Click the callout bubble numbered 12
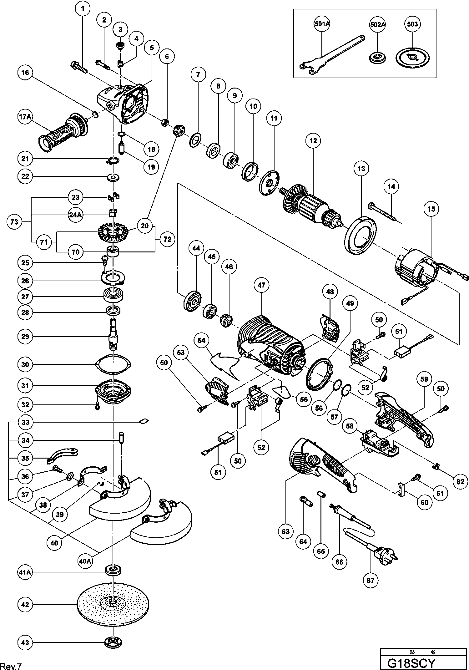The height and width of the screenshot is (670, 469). point(313,141)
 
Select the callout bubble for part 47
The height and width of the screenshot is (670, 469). point(261,285)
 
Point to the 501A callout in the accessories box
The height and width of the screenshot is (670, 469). point(322,24)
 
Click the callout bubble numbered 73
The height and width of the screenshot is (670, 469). point(14,222)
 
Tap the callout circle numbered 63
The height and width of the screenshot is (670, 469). point(286,531)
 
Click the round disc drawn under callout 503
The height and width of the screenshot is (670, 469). point(412,57)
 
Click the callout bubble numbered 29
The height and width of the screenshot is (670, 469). point(25,337)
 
